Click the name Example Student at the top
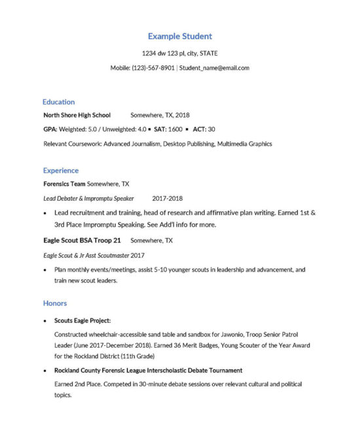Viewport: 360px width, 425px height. (179, 37)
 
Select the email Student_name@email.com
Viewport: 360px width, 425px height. (214, 67)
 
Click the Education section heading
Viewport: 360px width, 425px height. (58, 102)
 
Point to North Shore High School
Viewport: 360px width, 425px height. (77, 115)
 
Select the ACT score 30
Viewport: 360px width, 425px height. (211, 129)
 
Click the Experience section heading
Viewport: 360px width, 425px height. (60, 171)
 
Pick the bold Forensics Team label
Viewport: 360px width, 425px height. (64, 184)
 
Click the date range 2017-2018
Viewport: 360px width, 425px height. (167, 198)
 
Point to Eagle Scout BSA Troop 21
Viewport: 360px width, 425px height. (82, 241)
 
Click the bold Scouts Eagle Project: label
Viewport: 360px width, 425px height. (82, 320)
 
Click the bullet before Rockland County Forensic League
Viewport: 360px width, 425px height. (45, 371)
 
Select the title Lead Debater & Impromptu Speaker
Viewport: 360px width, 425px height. (88, 198)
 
